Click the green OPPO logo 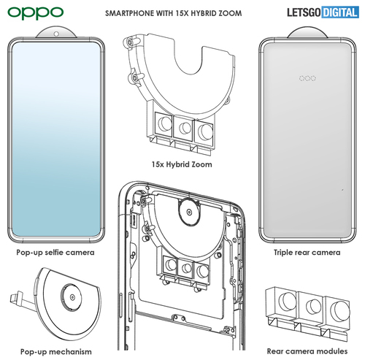(x=36, y=13)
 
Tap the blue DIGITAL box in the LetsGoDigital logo (x=340, y=12)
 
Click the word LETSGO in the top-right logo (x=304, y=12)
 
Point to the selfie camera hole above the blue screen (x=56, y=34)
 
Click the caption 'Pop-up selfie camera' (x=55, y=253)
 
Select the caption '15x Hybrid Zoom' (x=182, y=164)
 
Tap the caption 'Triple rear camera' (x=307, y=253)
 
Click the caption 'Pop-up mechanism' (x=56, y=352)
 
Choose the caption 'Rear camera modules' (x=307, y=351)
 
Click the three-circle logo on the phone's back (x=307, y=78)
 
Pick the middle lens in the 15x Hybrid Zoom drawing (x=185, y=128)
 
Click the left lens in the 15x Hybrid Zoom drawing (x=164, y=123)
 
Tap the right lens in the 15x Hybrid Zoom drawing (x=205, y=131)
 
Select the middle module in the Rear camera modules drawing (x=312, y=306)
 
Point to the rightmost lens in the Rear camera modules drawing (x=341, y=310)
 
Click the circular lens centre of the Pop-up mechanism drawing (x=72, y=297)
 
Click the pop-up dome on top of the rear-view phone (x=307, y=32)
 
